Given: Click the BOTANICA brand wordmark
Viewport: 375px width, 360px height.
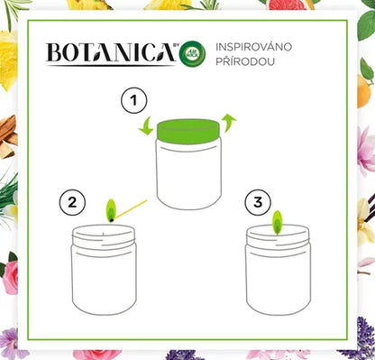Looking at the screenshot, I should point(107,55).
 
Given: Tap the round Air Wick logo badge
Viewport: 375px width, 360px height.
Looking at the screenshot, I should point(191,54).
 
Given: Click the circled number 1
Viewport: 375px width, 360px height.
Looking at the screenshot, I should point(133,97).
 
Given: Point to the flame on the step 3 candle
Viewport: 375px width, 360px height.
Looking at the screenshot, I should point(278,219).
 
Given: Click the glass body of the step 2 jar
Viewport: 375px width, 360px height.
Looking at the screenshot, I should point(104,280).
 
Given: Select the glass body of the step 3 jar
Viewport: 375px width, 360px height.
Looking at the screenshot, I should point(278,280).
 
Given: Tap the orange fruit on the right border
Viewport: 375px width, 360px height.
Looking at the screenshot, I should point(365,90).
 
